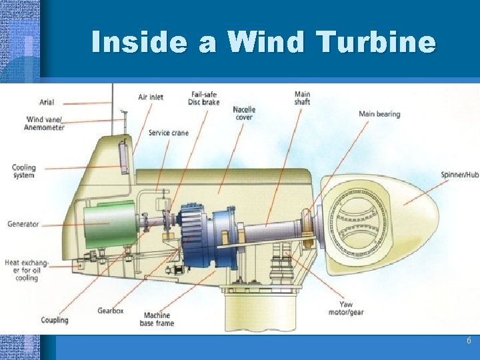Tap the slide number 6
tap(469, 341)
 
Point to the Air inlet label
tap(151, 97)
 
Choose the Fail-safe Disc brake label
tap(203, 98)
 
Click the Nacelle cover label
tap(244, 113)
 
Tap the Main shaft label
tap(302, 98)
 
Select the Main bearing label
tap(379, 114)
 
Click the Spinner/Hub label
tap(459, 175)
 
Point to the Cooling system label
tap(23, 171)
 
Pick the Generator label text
tap(23, 224)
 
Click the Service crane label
tap(168, 133)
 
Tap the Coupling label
tap(54, 320)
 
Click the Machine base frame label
tap(158, 319)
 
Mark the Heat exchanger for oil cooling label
tap(21, 269)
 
